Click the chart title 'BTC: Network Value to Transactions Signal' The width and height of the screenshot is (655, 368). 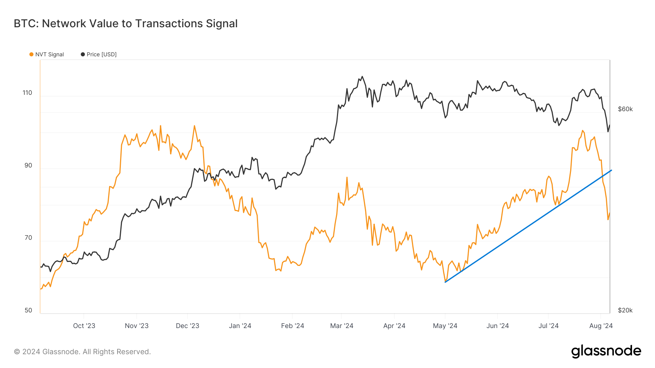point(126,24)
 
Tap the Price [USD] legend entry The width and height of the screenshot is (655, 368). point(99,54)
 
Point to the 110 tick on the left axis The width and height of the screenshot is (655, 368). point(27,93)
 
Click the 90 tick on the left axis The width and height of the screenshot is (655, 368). point(28,165)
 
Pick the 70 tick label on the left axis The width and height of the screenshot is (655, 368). point(28,238)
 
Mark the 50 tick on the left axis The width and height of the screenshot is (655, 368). point(28,310)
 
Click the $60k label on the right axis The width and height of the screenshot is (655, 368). point(625,109)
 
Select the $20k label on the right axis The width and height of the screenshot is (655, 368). point(625,310)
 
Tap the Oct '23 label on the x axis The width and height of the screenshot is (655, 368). point(84,326)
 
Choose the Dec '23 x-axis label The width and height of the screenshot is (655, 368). point(187,326)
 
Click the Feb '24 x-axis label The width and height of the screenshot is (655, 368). point(292,326)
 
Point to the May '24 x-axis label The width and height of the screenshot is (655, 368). point(445,326)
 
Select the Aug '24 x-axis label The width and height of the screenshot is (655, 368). point(601,326)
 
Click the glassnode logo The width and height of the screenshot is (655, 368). point(606,351)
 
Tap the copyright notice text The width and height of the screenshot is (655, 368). point(82,352)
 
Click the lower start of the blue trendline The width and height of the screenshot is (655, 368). point(445,282)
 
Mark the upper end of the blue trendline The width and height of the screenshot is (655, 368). point(611,170)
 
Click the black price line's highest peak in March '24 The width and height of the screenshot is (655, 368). point(362,77)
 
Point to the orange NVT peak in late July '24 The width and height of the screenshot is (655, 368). point(583,131)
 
